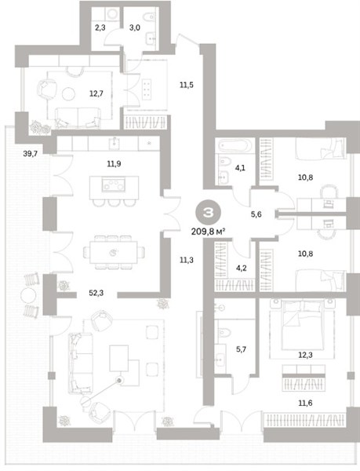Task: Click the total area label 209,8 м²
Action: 208,232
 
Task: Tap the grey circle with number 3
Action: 208,213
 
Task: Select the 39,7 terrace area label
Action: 31,154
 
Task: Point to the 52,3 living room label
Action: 96,293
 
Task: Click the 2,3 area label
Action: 100,27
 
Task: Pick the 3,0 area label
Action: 135,27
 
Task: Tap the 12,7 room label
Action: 96,93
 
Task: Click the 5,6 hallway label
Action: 256,214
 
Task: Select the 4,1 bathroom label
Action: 240,168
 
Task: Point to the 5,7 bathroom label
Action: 241,349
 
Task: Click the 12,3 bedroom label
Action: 305,355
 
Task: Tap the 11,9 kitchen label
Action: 114,164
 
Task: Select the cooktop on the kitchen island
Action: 114,184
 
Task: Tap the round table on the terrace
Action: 28,296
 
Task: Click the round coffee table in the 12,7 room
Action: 68,93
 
